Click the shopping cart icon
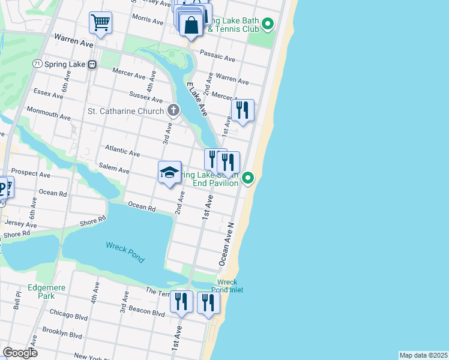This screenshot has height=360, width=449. point(100,23)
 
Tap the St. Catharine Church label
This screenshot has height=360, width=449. point(125,111)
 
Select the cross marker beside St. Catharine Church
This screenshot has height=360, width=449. point(173,110)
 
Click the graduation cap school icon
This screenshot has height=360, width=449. point(170,173)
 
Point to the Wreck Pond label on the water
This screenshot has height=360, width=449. point(125,252)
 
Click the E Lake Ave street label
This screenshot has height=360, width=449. point(196,99)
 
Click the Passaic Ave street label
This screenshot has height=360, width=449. point(217,56)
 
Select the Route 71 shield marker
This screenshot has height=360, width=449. point(37,64)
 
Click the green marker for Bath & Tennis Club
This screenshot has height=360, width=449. point(268,25)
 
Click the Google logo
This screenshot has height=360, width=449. point(20,353)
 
